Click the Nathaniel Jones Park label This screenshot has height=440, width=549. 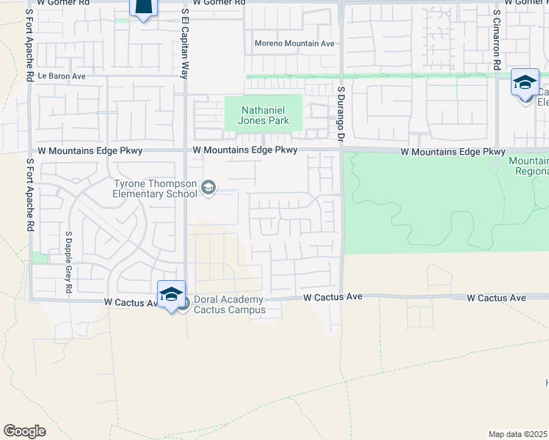[x=265, y=116]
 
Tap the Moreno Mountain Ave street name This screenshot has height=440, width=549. [x=294, y=44]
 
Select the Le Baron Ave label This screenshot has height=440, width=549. [x=62, y=76]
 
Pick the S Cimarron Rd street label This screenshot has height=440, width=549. [x=497, y=40]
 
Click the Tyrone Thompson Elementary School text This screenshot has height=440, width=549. [x=155, y=189]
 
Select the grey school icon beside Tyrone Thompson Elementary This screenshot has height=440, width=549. [x=208, y=188]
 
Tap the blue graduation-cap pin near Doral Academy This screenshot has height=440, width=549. [x=171, y=295]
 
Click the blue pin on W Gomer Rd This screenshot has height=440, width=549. [x=143, y=7]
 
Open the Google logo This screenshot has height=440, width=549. [x=24, y=430]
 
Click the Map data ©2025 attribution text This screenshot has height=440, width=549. [x=518, y=434]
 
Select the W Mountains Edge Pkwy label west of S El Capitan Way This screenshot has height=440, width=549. [x=83, y=150]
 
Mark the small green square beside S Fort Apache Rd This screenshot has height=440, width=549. [x=40, y=257]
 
